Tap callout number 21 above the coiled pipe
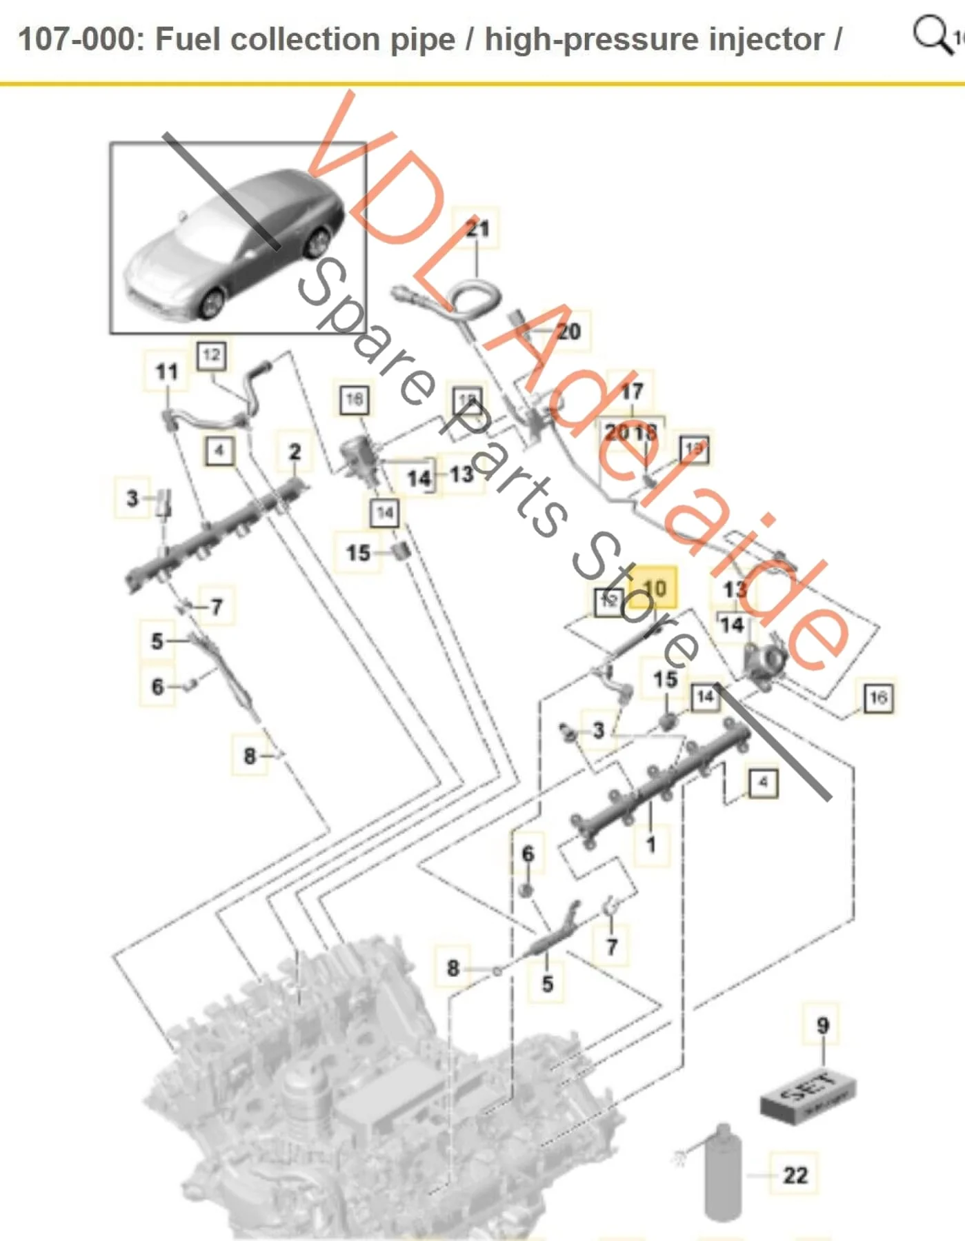[477, 228]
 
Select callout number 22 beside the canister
[795, 1174]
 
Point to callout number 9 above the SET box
[822, 1025]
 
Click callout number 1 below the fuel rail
[650, 844]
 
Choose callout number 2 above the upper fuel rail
[295, 452]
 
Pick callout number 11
[167, 372]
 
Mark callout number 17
[632, 392]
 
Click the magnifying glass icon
[932, 34]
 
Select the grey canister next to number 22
[723, 1172]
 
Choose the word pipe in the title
[422, 39]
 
